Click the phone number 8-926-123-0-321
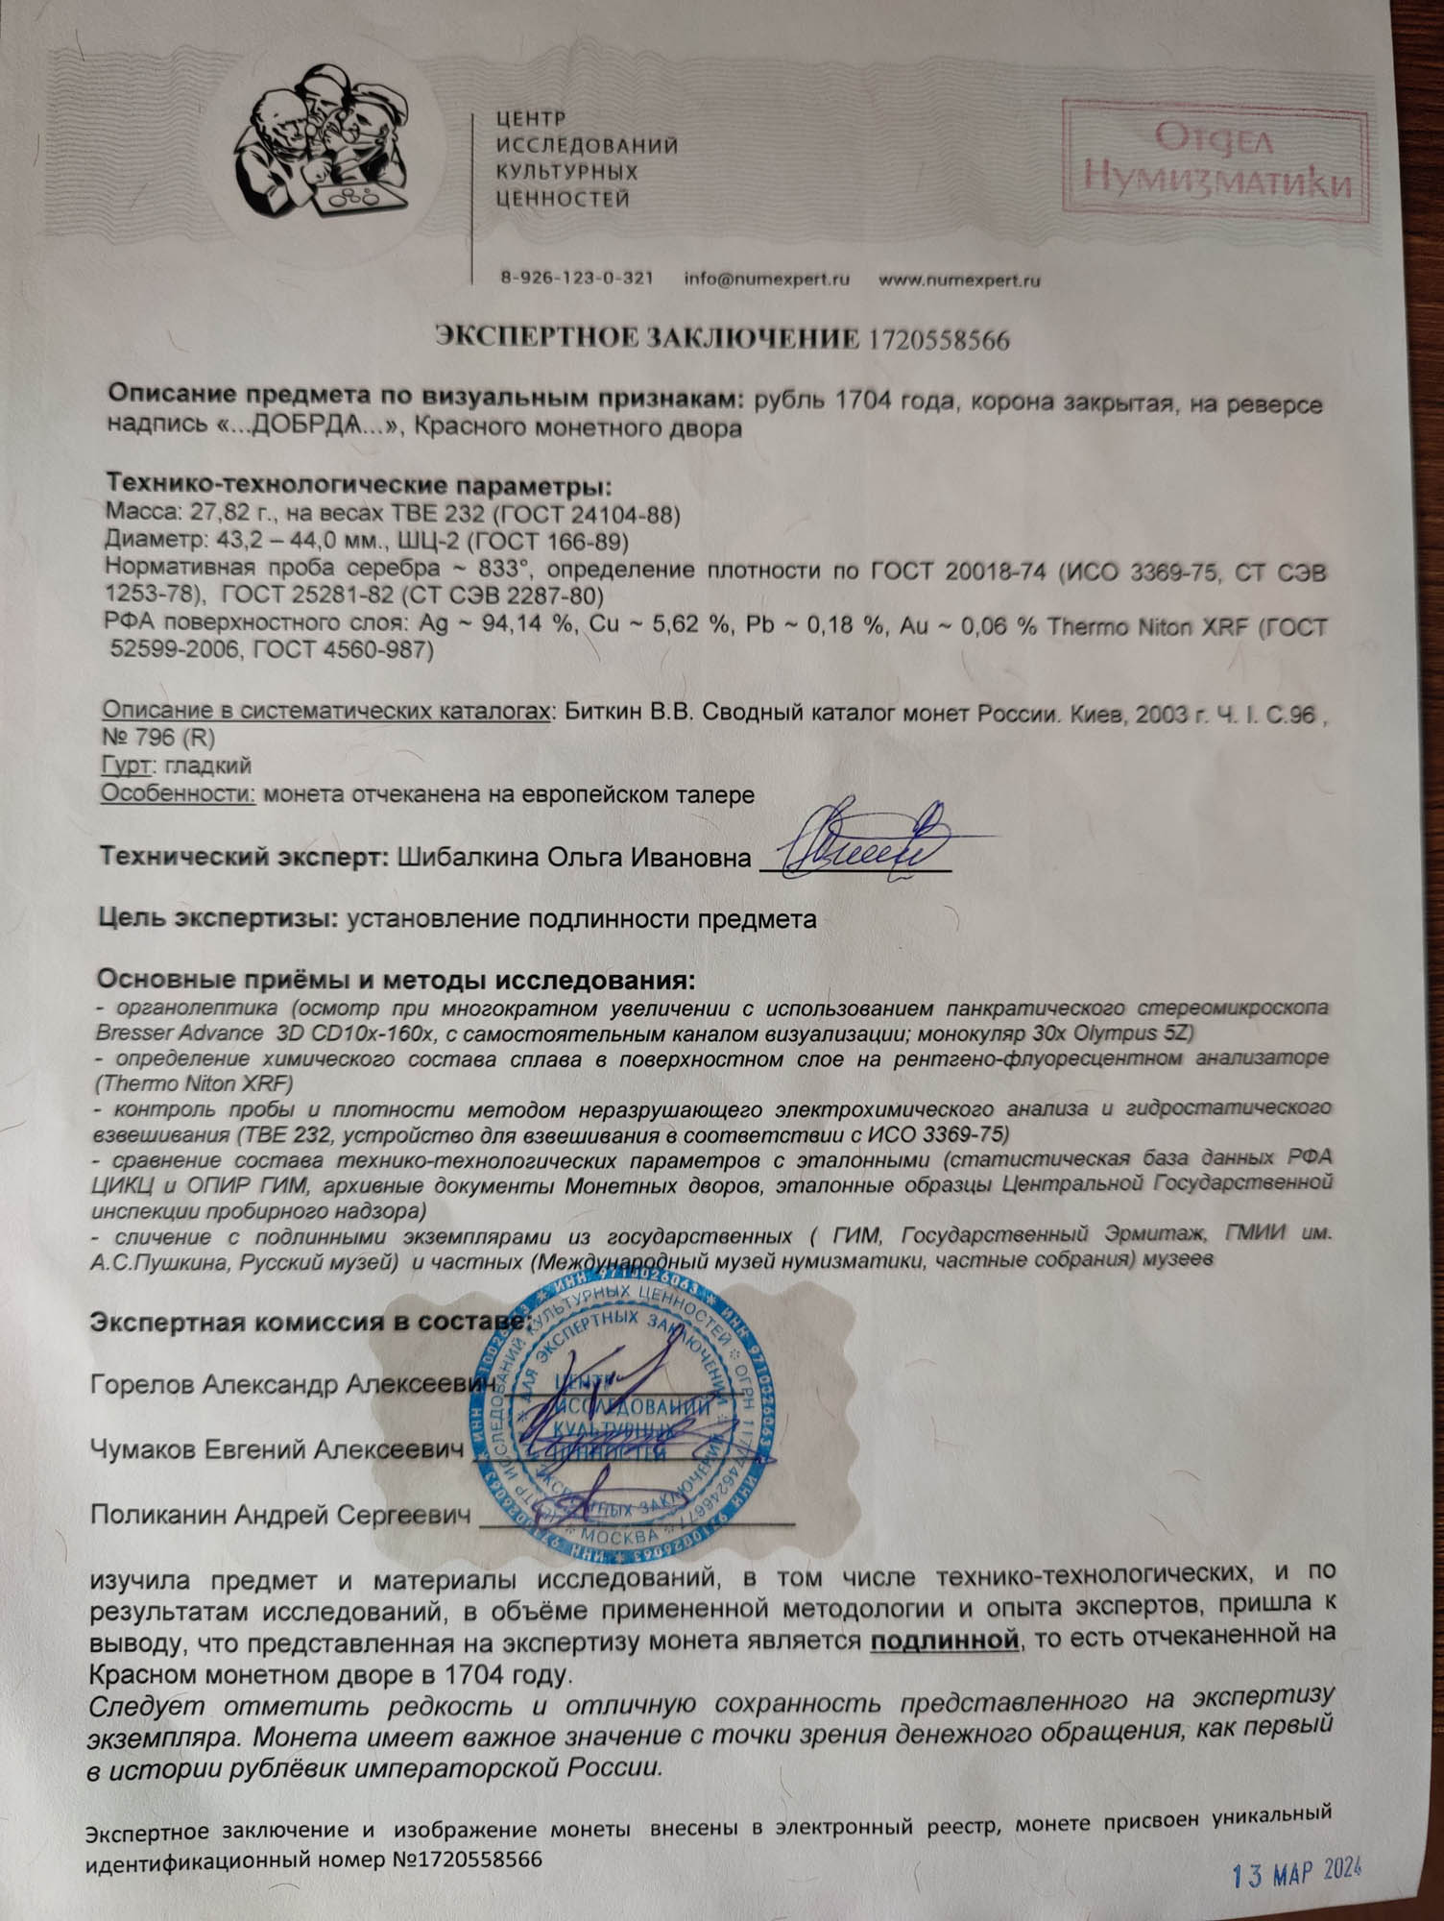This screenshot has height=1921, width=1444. [x=577, y=279]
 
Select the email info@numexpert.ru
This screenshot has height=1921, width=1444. [x=767, y=280]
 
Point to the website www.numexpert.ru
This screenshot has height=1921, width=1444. [x=960, y=280]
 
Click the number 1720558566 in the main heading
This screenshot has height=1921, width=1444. [x=939, y=339]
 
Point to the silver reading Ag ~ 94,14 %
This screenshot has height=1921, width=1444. [x=498, y=625]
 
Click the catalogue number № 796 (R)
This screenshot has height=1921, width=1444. [x=158, y=738]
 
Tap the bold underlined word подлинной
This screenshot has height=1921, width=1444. [x=944, y=1641]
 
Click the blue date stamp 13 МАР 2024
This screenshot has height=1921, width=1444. [x=1296, y=1872]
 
